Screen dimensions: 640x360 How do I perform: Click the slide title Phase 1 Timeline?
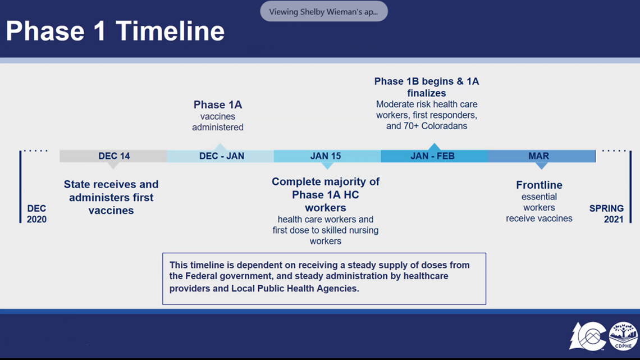click(115, 31)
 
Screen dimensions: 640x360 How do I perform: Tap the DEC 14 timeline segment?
click(113, 156)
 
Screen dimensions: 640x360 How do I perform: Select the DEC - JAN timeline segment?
click(221, 156)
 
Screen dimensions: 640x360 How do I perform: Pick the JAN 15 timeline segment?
click(327, 156)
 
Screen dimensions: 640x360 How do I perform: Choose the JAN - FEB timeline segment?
click(435, 156)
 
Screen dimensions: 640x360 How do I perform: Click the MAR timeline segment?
click(542, 156)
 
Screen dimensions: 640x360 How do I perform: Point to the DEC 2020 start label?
click(36, 214)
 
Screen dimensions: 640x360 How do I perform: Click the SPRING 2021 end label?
click(606, 214)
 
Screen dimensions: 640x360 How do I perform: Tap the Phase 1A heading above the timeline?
click(218, 105)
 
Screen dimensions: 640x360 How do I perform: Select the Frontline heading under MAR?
click(539, 185)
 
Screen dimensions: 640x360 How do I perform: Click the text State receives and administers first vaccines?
click(111, 197)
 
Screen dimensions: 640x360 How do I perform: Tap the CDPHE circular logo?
click(623, 336)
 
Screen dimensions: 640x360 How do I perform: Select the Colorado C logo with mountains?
click(588, 336)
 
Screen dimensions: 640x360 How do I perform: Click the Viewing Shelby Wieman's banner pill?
click(324, 11)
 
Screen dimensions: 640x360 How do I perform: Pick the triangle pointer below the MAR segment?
click(542, 166)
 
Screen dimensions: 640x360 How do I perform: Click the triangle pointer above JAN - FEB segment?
click(435, 147)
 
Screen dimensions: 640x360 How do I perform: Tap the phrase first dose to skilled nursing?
click(326, 230)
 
